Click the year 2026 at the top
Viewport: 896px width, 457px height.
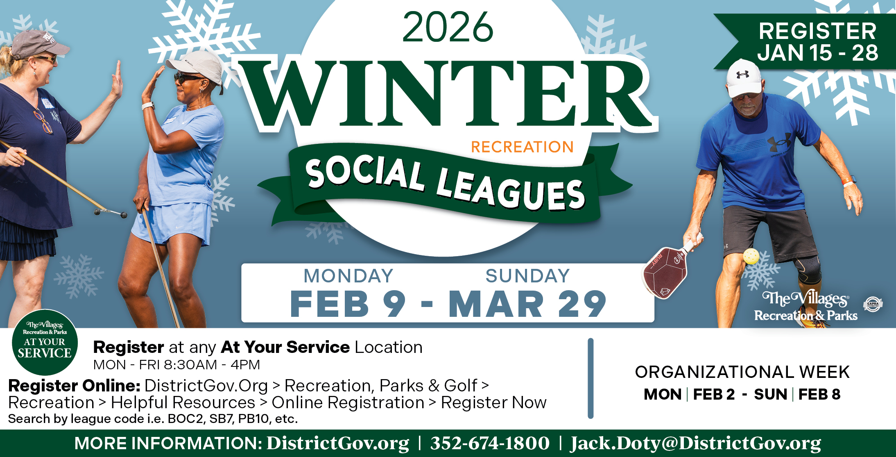(x=448, y=27)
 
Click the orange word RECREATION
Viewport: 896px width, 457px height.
(x=522, y=147)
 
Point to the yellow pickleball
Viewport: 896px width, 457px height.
(x=751, y=256)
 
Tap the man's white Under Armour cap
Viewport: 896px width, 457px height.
(x=743, y=78)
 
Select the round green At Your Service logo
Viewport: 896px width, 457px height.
(x=44, y=342)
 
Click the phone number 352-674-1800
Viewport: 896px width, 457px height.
(x=490, y=443)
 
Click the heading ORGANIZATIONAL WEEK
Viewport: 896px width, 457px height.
(x=742, y=372)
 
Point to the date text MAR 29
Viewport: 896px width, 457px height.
(x=527, y=304)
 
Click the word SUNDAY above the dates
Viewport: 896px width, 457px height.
(x=527, y=276)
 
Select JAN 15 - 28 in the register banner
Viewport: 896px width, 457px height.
(x=817, y=53)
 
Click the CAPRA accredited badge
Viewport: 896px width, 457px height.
(x=873, y=304)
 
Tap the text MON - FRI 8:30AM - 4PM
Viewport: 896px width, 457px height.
(x=176, y=365)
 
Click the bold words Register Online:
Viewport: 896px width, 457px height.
(x=75, y=386)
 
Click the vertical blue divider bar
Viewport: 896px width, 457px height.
(x=591, y=378)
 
